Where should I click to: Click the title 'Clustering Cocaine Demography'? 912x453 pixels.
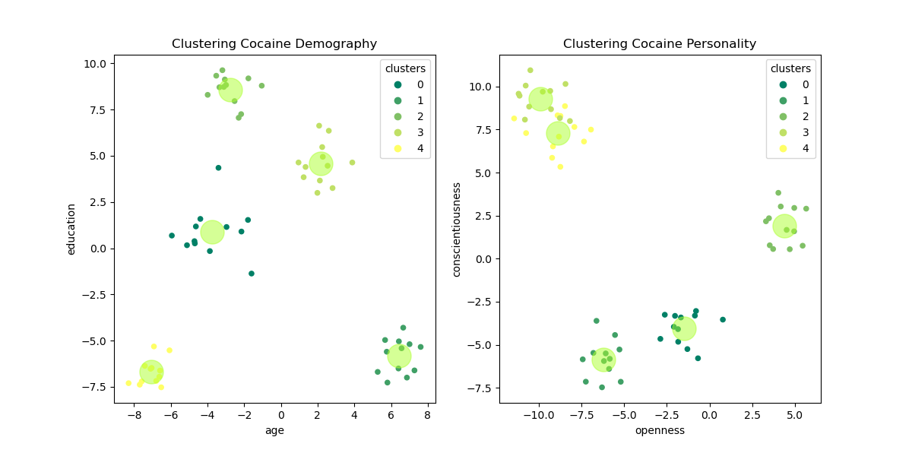click(274, 44)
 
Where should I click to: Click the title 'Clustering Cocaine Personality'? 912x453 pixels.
click(660, 44)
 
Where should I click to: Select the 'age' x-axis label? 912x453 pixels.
click(274, 430)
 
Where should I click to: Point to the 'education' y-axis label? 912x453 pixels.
click(71, 229)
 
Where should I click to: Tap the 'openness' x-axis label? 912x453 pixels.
click(660, 430)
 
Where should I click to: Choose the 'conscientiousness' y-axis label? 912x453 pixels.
click(457, 229)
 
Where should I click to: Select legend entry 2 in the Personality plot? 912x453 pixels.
click(790, 116)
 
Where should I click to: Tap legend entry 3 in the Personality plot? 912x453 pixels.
click(790, 132)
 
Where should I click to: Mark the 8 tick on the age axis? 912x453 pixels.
click(427, 416)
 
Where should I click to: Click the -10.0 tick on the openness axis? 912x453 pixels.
click(539, 416)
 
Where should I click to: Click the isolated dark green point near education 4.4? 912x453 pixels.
click(218, 168)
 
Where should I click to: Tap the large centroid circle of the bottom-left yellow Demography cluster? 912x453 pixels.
click(151, 372)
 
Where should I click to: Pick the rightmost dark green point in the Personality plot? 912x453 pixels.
click(723, 320)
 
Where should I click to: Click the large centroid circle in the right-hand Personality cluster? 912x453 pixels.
click(784, 226)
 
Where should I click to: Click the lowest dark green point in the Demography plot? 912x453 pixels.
click(252, 274)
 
